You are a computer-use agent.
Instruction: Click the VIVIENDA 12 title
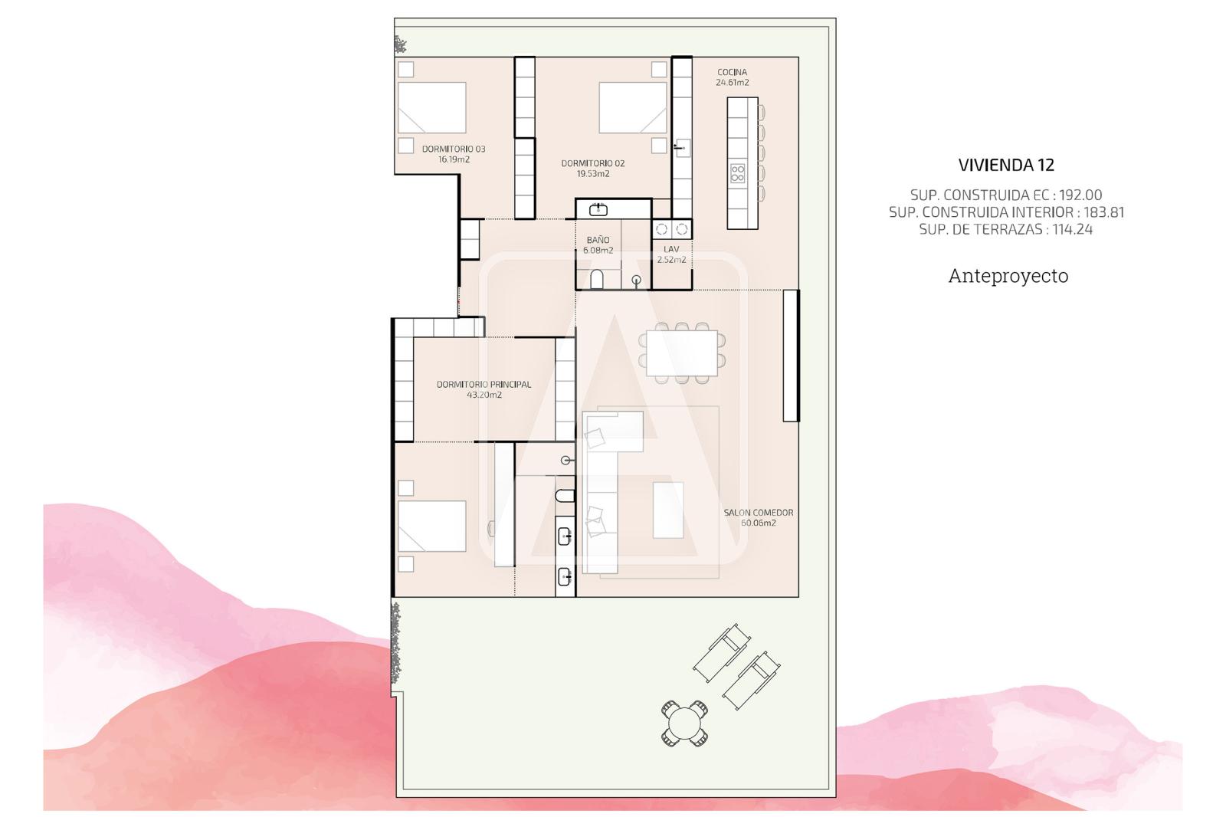coord(1006,165)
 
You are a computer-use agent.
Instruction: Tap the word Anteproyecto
coord(1008,276)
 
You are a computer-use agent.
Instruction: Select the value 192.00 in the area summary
coord(1080,195)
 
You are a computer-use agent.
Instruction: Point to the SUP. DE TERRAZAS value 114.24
coord(1073,229)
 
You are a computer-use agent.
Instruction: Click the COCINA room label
coord(733,72)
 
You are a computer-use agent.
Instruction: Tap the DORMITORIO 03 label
coord(454,149)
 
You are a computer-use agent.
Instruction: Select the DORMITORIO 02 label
coord(593,163)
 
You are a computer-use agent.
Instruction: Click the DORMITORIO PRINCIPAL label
coord(484,385)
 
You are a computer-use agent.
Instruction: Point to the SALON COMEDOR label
coord(759,513)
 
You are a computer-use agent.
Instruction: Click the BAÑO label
coord(598,240)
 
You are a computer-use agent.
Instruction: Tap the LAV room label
coord(671,249)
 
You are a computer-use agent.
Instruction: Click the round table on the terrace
coord(684,723)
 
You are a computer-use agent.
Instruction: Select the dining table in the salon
coord(682,353)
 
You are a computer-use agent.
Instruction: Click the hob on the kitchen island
coord(738,173)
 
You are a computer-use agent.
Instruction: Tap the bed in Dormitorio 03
coord(432,108)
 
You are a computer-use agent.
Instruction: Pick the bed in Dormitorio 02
coord(633,108)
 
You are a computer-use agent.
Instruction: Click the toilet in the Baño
coord(597,279)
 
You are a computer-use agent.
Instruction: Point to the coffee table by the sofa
coord(668,510)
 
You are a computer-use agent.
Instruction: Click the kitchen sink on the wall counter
coord(682,148)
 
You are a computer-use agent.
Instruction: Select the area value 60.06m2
coord(759,523)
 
